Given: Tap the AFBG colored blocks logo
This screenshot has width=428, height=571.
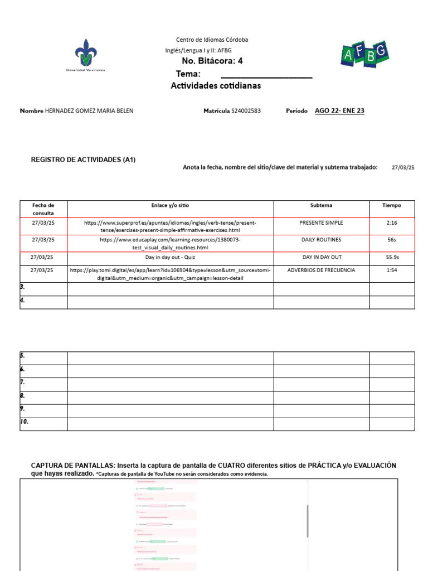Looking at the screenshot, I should click(364, 54).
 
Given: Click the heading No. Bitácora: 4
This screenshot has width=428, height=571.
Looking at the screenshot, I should click(212, 61).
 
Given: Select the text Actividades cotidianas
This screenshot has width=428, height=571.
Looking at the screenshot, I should click(216, 86).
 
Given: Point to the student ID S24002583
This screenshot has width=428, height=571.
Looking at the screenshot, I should click(246, 111).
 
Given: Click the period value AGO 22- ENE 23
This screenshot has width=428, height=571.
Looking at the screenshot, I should click(339, 111).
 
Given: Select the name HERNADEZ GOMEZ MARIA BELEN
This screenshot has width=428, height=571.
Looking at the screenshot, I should click(89, 111).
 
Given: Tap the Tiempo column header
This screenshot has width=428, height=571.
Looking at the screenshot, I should click(391, 205).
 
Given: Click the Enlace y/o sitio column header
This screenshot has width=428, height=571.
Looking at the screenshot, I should click(170, 205).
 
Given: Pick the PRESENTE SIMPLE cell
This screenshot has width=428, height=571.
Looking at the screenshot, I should click(321, 222).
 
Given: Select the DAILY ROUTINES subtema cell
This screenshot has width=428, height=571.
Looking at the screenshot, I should click(321, 240).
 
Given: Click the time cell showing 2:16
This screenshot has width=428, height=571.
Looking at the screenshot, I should click(391, 222).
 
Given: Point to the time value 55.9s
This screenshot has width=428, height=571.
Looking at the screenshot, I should click(392, 257).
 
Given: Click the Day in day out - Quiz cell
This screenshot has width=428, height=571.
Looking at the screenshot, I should click(170, 257).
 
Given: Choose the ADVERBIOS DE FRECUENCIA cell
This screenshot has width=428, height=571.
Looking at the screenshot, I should click(321, 270).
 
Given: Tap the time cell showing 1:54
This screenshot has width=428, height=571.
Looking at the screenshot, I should click(391, 270).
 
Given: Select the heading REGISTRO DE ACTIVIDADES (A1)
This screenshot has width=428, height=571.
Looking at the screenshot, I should click(83, 160).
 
